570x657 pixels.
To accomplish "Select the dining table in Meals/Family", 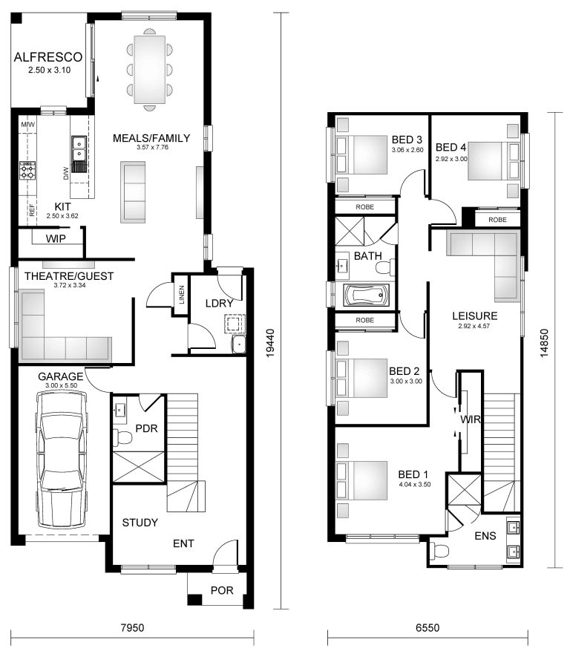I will point(149,69).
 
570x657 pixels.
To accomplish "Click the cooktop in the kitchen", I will point(28,171).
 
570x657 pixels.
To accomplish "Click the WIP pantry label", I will point(56,239).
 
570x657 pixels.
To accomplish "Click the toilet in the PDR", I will point(125,439).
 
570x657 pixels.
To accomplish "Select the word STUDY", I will point(140,523).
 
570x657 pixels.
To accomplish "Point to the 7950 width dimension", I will point(131,627).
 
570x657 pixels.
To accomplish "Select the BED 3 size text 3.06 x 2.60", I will point(407,150).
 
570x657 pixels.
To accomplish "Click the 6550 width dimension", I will point(427,627).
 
